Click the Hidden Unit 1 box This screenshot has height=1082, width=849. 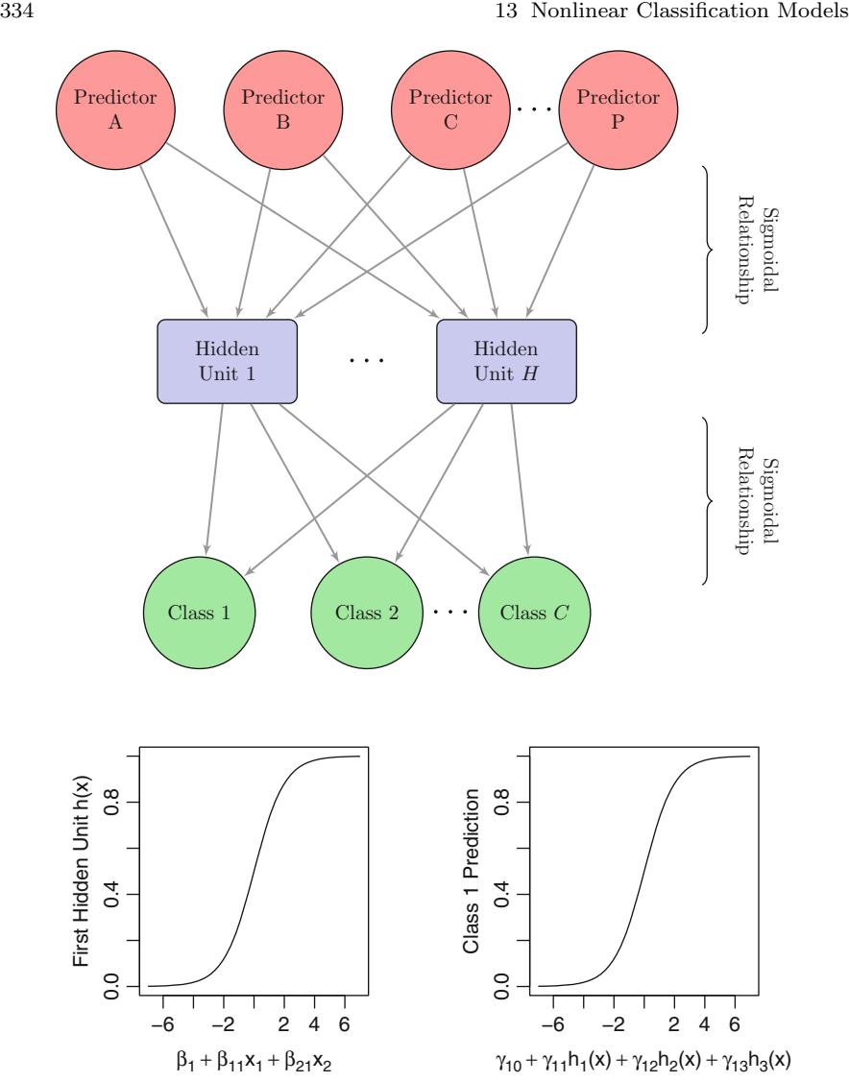tap(227, 360)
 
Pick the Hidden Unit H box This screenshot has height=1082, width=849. tap(506, 360)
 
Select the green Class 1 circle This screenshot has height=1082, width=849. tap(199, 611)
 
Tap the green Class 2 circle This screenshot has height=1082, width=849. tap(366, 611)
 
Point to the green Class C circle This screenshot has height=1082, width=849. tap(533, 611)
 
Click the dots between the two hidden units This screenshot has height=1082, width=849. tap(366, 361)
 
